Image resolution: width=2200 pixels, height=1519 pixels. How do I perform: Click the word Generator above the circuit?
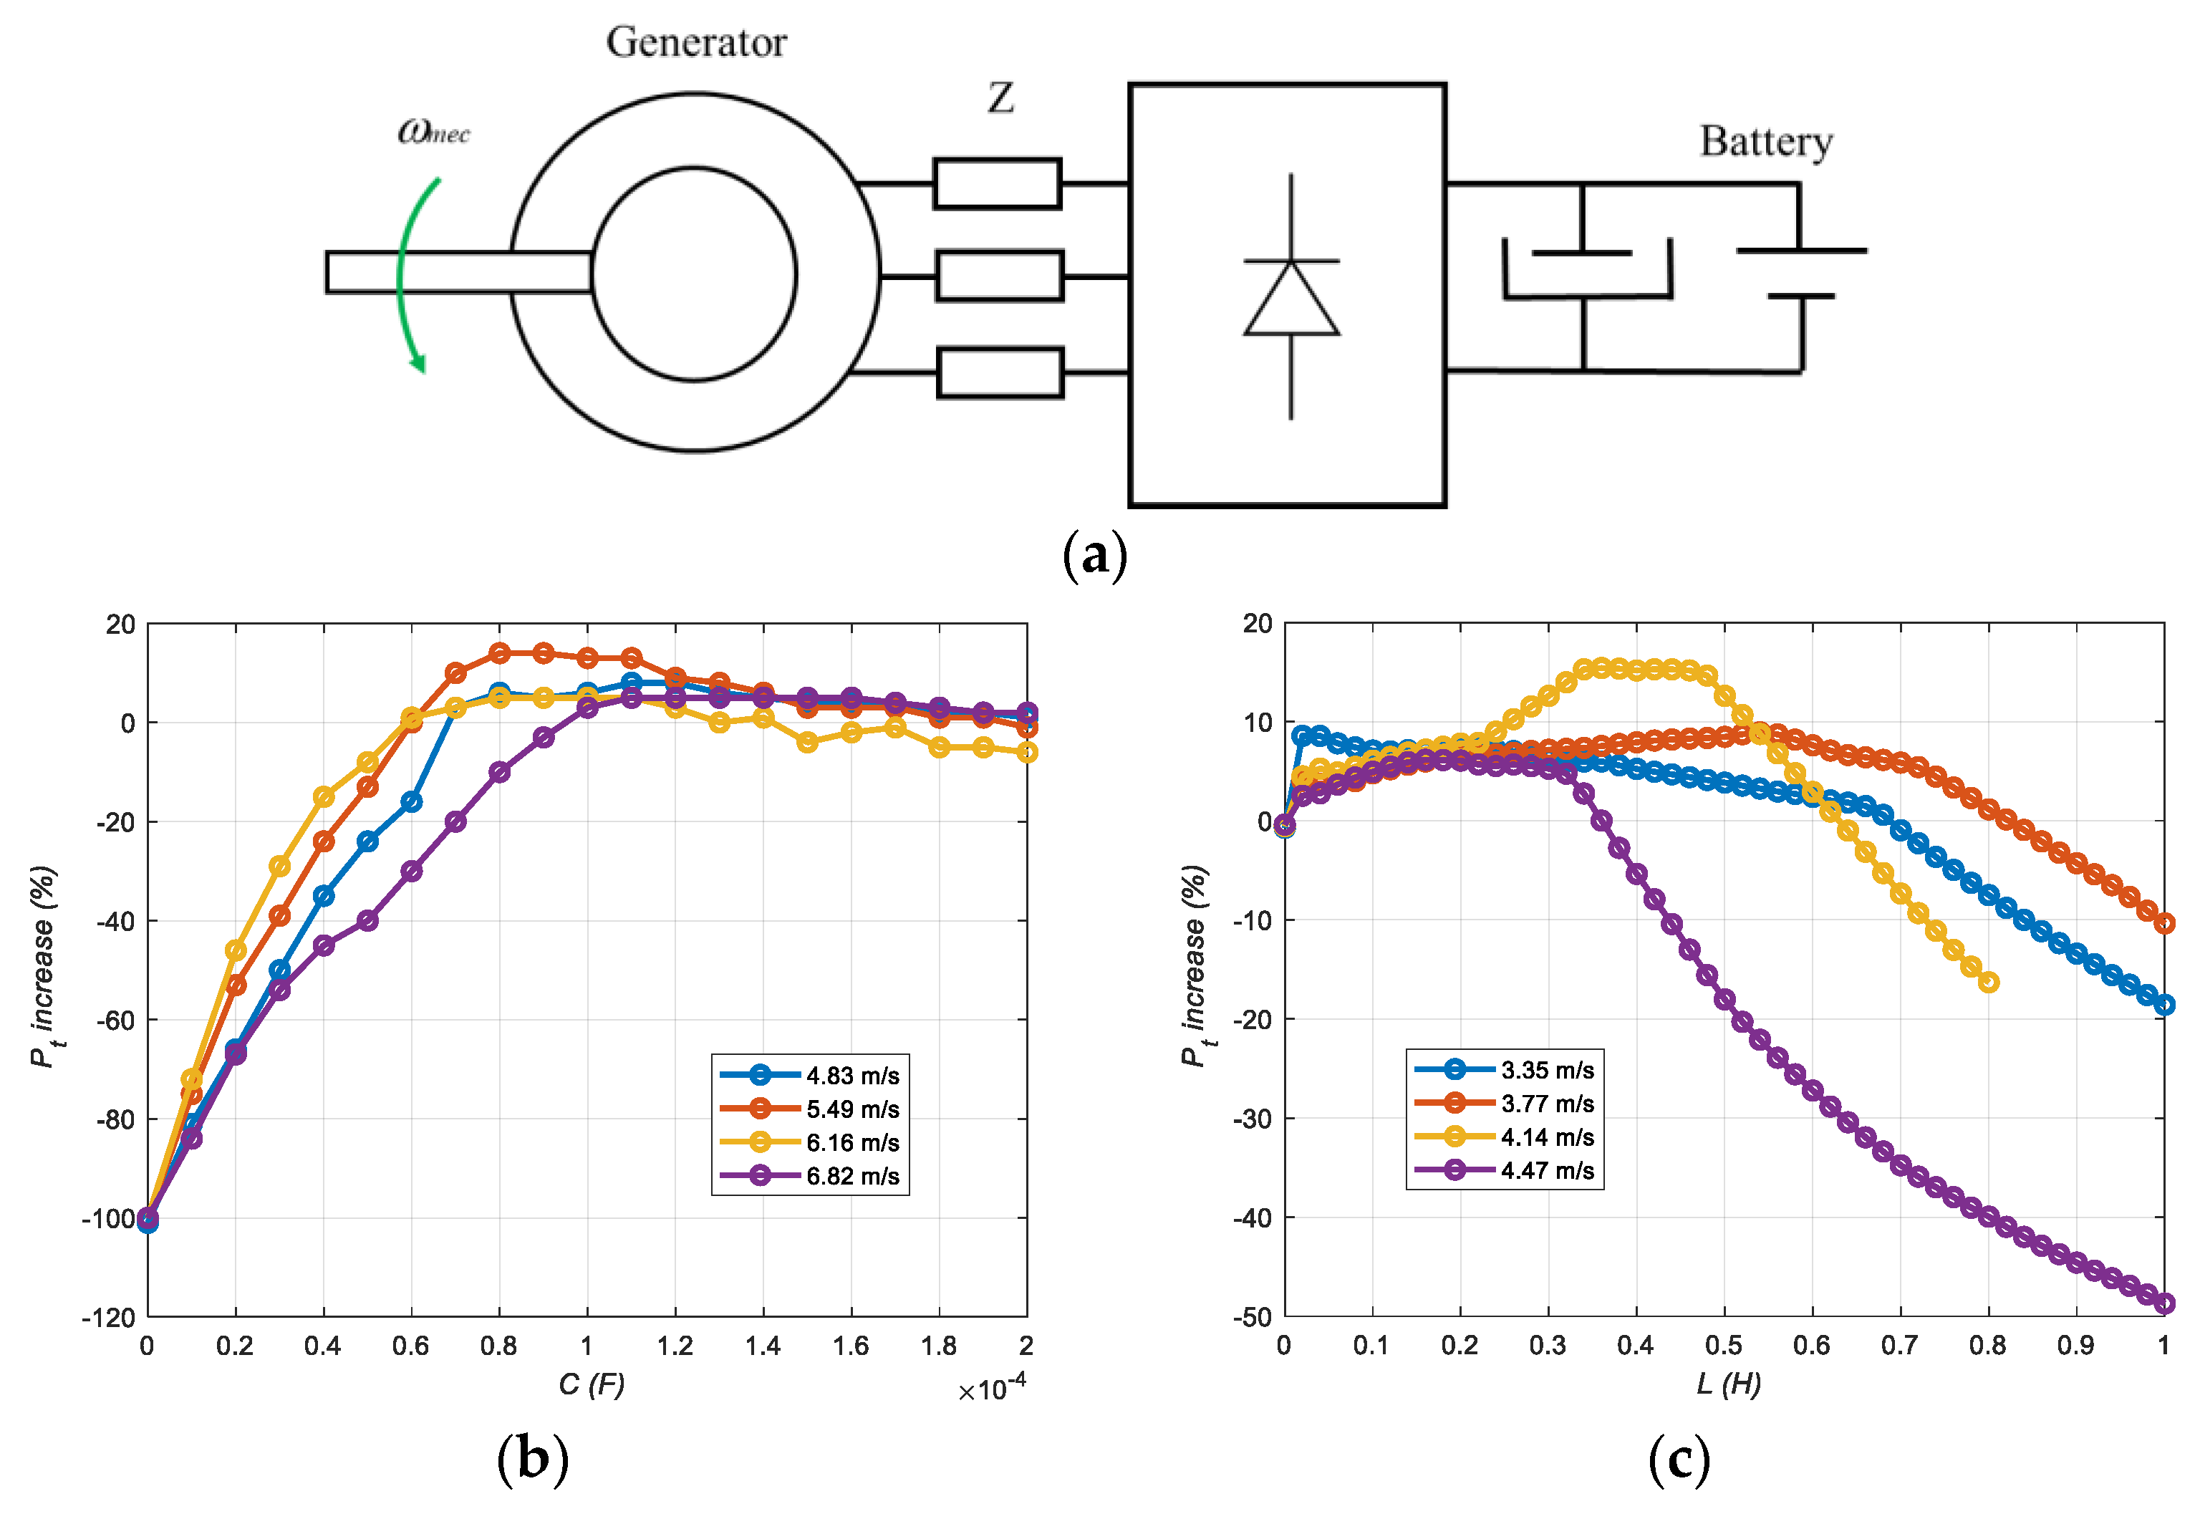697,43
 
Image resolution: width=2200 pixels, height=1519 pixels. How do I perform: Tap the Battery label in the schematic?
1766,142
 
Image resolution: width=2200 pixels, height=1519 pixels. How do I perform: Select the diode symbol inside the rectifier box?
1291,297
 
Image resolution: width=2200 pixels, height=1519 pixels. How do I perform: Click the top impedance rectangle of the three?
997,183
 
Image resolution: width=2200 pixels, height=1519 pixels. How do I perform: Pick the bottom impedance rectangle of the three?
1000,373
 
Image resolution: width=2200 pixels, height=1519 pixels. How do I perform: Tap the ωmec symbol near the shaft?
434,131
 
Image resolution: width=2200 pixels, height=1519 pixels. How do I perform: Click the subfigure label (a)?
1094,556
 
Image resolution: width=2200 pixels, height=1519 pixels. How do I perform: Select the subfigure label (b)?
533,1460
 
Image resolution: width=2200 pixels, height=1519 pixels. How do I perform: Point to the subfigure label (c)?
1679,1460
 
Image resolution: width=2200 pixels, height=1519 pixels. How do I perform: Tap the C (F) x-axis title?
591,1385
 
